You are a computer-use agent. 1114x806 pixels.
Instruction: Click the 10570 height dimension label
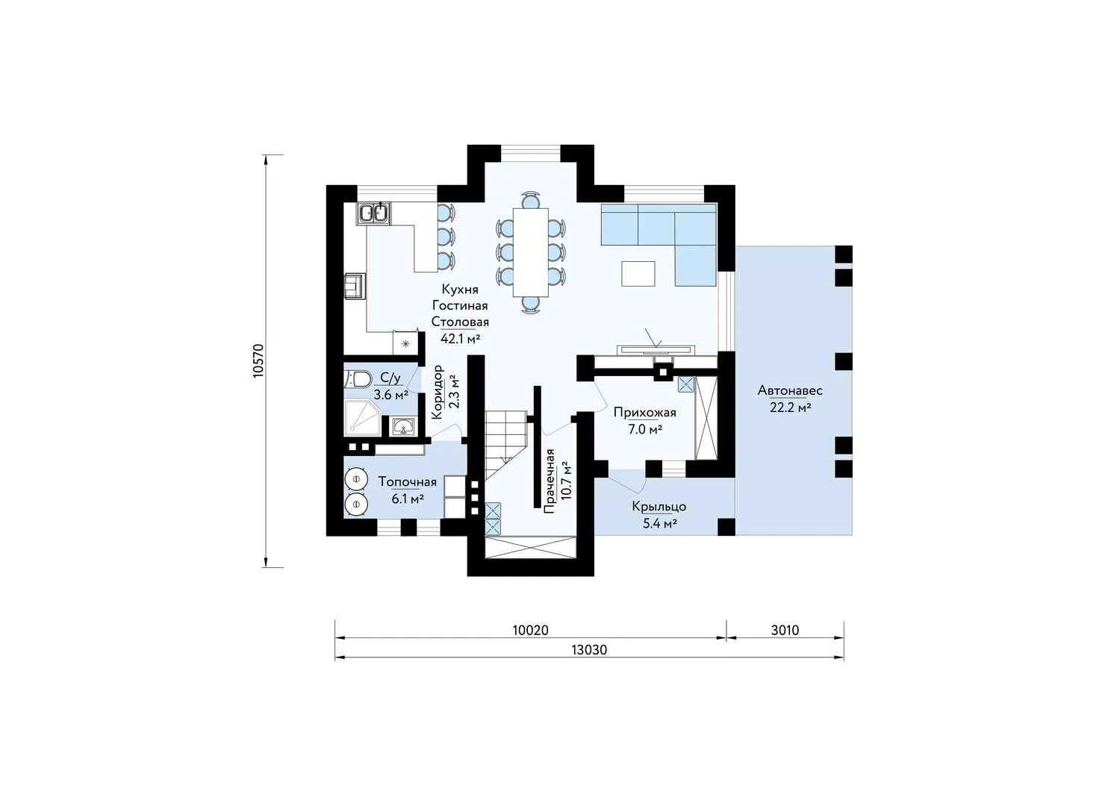coord(258,360)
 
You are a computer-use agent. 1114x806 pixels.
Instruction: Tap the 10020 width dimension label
coord(530,631)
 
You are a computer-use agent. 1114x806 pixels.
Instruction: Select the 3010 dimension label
coord(785,631)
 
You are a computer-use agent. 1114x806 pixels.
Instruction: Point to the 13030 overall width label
coord(589,650)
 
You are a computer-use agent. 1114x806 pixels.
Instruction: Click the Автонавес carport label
coord(790,391)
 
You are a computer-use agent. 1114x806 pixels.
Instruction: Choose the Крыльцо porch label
coord(659,507)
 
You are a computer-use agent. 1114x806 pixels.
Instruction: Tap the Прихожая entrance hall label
coord(644,412)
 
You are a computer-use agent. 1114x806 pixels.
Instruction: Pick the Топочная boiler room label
coord(408,482)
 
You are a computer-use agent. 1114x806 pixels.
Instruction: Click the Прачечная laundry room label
coord(550,481)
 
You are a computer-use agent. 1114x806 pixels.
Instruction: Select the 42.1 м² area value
coord(460,339)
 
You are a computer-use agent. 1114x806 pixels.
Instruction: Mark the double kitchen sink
coord(373,213)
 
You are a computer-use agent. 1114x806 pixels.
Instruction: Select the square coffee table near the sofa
coord(638,273)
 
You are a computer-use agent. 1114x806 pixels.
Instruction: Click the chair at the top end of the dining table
coord(531,200)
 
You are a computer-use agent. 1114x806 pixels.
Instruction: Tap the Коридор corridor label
coord(437,393)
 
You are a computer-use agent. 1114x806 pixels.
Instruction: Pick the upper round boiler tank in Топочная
coord(356,478)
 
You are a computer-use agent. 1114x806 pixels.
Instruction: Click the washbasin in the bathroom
coord(403,426)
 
